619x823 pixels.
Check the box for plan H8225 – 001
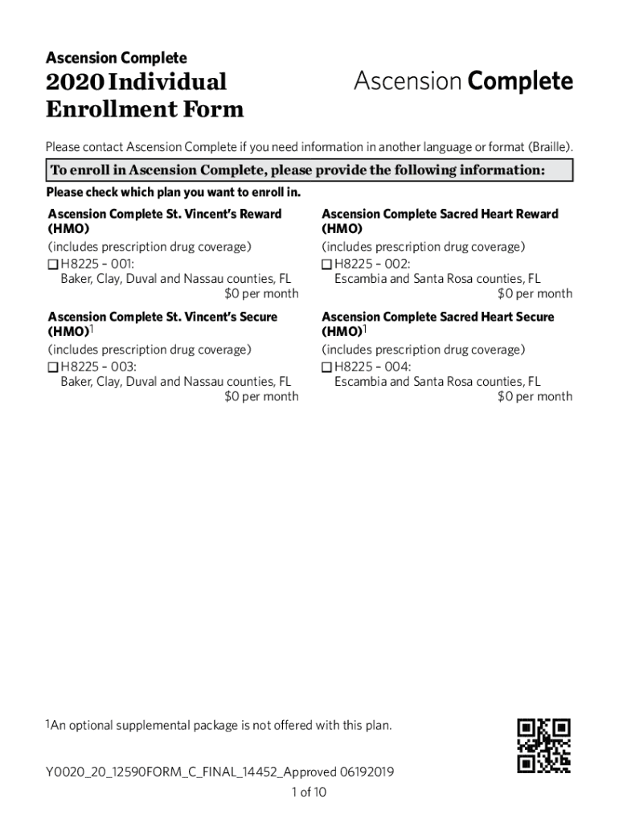point(53,264)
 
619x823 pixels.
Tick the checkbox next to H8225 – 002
point(326,264)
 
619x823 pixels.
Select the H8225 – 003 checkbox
point(53,366)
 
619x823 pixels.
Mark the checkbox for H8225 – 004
point(326,366)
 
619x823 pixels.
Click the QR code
point(544,745)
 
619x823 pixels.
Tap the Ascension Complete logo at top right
point(463,82)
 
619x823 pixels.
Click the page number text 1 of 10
point(309,792)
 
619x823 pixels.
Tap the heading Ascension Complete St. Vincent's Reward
point(165,214)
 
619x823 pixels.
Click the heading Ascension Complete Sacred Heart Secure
point(438,317)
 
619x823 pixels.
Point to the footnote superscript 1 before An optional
point(47,723)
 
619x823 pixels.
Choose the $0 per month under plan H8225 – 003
point(261,396)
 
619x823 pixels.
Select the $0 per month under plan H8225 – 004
point(535,396)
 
